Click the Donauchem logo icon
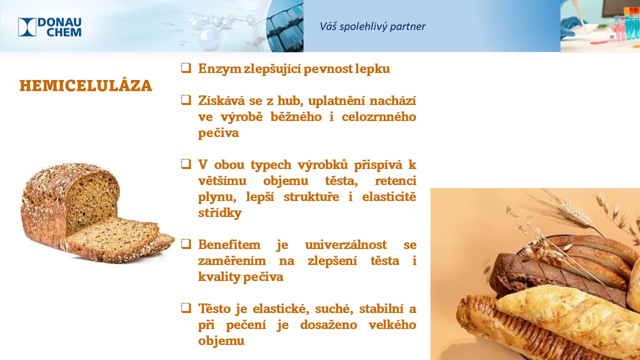[x=27, y=27]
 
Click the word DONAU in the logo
[x=59, y=22]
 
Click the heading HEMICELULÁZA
[x=85, y=85]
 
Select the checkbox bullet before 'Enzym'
[x=186, y=68]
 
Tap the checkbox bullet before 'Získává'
[x=186, y=100]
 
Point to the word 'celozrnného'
[x=379, y=117]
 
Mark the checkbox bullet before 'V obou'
[x=186, y=164]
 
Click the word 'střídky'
[x=220, y=213]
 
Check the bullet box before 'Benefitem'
[x=186, y=244]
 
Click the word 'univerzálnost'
[x=345, y=245]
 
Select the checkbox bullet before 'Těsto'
[x=186, y=308]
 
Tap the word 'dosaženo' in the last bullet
[x=328, y=325]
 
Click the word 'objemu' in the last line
[x=221, y=341]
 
